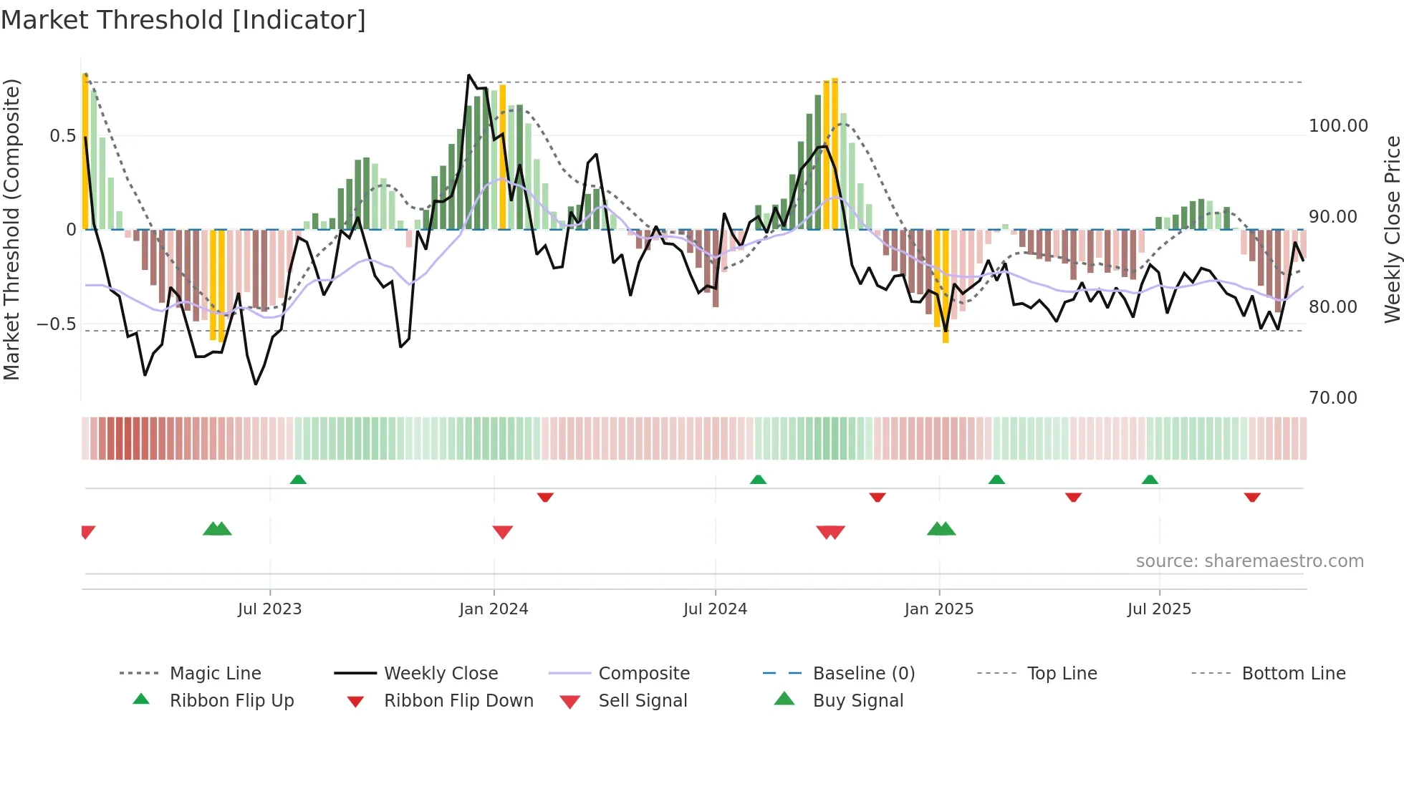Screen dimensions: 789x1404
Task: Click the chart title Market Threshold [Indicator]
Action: point(183,20)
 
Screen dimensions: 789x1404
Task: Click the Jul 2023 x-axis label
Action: point(269,609)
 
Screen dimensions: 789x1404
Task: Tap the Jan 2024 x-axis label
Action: point(494,609)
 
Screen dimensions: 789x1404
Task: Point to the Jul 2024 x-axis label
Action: point(715,609)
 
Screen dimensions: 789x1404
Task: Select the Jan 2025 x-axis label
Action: point(938,609)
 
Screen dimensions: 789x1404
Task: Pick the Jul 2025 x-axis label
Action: point(1159,609)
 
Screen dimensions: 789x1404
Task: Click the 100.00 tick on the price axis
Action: point(1338,126)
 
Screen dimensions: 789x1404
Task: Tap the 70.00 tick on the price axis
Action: point(1332,398)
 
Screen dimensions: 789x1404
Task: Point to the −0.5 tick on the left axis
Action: point(57,324)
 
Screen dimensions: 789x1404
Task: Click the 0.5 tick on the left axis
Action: point(62,136)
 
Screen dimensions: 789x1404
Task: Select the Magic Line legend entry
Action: point(215,674)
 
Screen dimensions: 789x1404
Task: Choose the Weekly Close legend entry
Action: point(441,674)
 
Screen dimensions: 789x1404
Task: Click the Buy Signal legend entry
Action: point(857,701)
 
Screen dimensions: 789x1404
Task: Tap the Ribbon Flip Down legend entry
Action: point(458,701)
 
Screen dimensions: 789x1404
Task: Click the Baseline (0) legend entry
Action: point(863,674)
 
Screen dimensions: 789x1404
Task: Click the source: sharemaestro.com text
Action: point(1249,561)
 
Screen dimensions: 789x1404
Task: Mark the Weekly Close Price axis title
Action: point(1392,229)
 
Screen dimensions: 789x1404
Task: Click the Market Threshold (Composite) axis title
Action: point(11,229)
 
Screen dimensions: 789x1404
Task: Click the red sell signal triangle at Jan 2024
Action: point(503,532)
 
